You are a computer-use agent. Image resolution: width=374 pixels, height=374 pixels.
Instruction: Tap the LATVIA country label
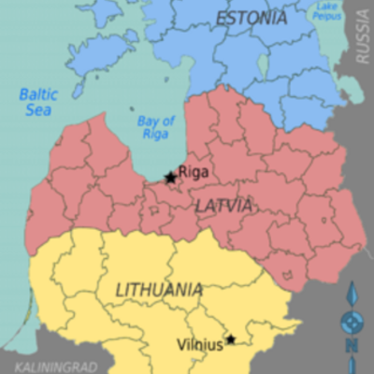click(x=224, y=205)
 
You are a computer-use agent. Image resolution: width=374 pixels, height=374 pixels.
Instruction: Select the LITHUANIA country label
click(x=159, y=290)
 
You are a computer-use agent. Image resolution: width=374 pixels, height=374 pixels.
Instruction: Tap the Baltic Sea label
click(x=39, y=103)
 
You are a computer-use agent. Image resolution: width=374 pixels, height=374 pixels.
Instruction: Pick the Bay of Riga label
click(x=155, y=128)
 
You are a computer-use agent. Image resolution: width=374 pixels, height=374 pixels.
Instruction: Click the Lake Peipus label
click(x=324, y=11)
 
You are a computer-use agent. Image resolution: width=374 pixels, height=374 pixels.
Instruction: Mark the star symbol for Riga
click(x=170, y=178)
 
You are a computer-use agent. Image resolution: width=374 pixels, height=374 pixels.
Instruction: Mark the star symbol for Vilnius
click(x=231, y=339)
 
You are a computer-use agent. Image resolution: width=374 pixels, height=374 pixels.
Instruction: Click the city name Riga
click(x=192, y=172)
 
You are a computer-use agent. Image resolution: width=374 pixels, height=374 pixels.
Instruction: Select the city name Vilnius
click(x=200, y=345)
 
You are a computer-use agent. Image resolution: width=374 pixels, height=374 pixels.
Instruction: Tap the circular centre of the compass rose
click(x=352, y=323)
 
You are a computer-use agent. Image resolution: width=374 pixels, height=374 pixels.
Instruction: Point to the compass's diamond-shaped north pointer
click(x=352, y=297)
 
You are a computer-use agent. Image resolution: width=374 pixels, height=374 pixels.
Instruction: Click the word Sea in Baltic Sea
click(x=40, y=111)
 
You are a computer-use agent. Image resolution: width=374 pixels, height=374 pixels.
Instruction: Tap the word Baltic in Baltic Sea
click(x=39, y=94)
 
